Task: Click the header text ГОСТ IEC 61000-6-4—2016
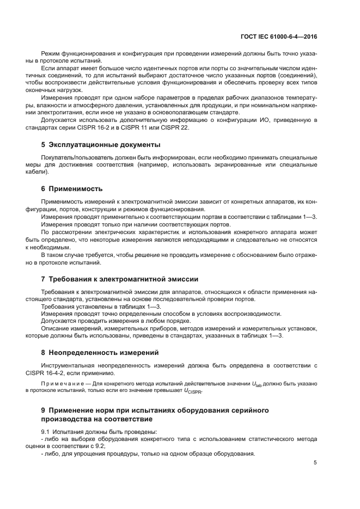coord(278,38)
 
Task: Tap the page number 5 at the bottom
coord(315,463)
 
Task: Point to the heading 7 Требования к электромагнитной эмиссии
coord(120,279)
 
